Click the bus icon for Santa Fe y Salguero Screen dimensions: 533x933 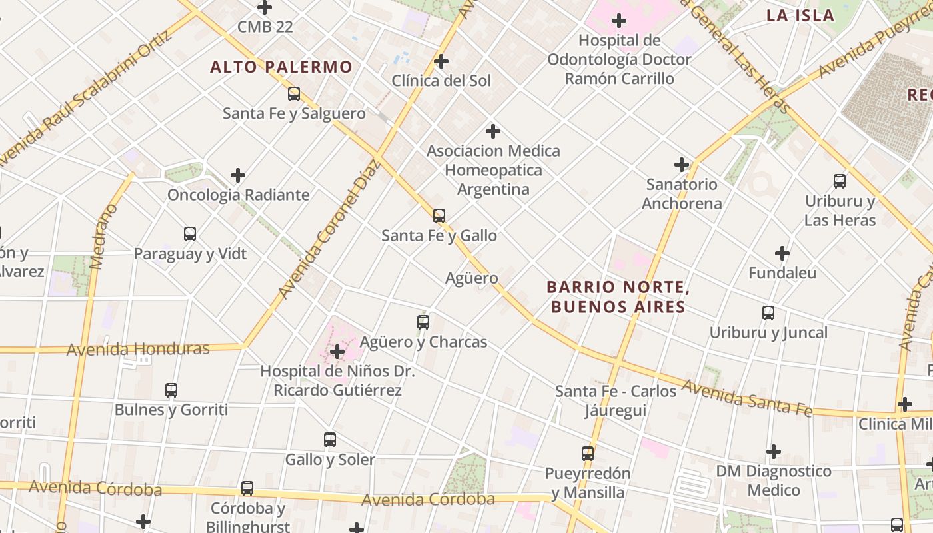tap(294, 94)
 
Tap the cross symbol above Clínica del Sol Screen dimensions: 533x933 tap(441, 61)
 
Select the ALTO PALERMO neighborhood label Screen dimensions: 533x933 tap(281, 67)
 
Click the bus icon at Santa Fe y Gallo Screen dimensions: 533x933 tap(439, 216)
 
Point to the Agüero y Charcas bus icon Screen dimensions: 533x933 tap(423, 322)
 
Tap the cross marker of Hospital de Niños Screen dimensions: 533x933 tap(337, 352)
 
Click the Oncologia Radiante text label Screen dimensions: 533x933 tap(238, 195)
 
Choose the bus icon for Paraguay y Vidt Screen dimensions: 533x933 tap(190, 234)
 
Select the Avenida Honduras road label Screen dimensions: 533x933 tap(138, 349)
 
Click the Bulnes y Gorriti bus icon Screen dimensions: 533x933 tap(171, 390)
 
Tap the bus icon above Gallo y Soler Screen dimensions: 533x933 tap(329, 440)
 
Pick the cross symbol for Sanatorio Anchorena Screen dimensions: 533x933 tap(681, 165)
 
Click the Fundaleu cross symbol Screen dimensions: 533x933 tap(782, 253)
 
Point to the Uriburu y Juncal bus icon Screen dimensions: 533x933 tap(768, 313)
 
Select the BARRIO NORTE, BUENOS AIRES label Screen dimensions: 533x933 tap(616, 297)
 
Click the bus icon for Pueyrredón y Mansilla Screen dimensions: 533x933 tap(587, 454)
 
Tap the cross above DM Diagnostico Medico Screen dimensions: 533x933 tap(773, 452)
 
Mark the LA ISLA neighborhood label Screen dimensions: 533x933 tap(800, 16)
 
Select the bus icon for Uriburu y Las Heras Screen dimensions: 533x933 tap(839, 181)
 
